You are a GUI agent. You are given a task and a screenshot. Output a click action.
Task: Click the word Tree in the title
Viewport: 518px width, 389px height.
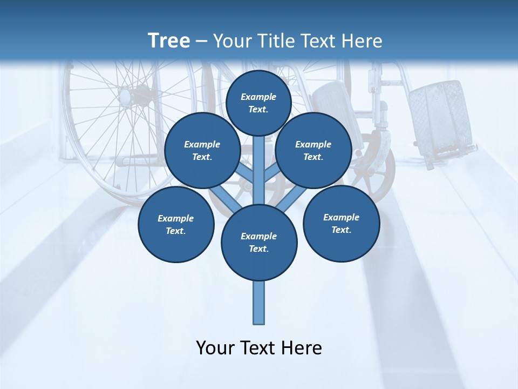click(x=169, y=41)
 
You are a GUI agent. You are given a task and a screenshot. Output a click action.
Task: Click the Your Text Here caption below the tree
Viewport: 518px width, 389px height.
click(x=259, y=348)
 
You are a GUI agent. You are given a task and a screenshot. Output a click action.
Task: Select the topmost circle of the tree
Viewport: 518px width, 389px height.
click(x=258, y=103)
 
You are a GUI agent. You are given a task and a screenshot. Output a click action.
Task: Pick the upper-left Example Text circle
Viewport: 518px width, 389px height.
click(x=202, y=151)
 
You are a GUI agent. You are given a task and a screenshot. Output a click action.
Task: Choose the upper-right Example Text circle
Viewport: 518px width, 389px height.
click(x=313, y=151)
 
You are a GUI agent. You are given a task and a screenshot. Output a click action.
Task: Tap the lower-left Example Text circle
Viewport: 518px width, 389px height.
click(x=176, y=224)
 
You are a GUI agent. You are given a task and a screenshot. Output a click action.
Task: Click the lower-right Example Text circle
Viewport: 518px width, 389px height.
click(x=341, y=223)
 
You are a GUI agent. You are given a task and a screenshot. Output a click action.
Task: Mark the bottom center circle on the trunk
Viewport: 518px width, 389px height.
click(x=259, y=243)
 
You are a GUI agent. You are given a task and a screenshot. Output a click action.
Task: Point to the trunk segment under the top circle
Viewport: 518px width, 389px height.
click(x=259, y=162)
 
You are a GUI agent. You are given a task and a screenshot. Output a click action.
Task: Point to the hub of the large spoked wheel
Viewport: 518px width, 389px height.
click(x=127, y=96)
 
